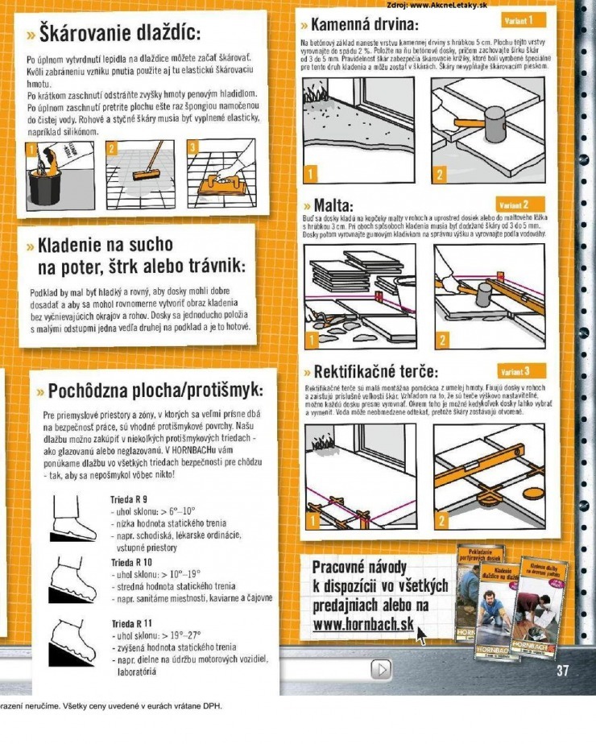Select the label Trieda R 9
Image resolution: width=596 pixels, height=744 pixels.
(x=129, y=499)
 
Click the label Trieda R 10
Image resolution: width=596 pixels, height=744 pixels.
(x=131, y=561)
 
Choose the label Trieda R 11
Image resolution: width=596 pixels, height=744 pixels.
(x=131, y=623)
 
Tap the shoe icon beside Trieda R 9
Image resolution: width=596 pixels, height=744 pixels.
(x=74, y=517)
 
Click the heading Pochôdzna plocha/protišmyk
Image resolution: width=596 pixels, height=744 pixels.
(x=155, y=391)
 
